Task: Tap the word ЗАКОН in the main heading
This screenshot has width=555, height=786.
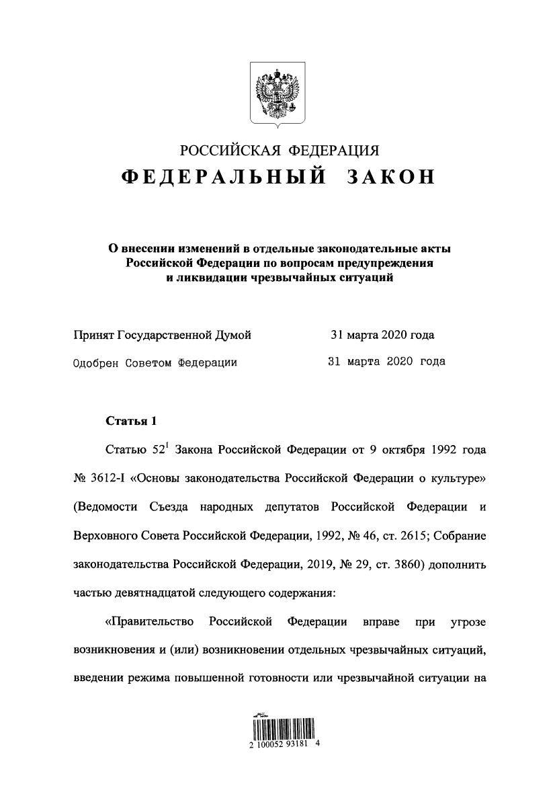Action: point(390,176)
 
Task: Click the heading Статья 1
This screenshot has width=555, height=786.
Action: point(131,422)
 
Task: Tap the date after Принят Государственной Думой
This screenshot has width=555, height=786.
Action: point(382,335)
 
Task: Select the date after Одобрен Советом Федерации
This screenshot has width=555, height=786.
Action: point(386,362)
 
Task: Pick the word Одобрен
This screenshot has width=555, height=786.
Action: point(96,362)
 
